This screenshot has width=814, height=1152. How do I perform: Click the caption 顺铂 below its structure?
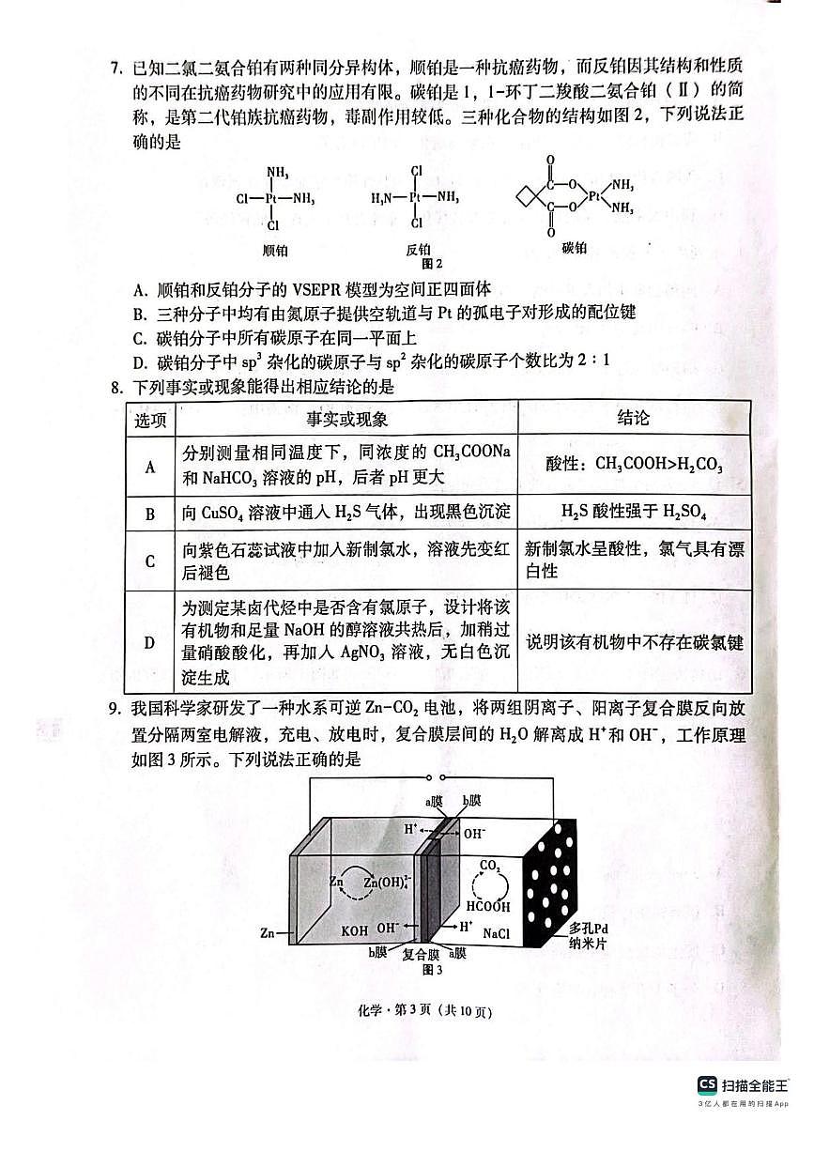[274, 250]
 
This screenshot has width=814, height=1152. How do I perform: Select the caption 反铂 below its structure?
[418, 250]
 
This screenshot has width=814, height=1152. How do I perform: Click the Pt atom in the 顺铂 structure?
[273, 199]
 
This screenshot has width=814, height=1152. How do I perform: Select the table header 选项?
[150, 419]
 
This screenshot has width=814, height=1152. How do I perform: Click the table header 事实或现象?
[346, 419]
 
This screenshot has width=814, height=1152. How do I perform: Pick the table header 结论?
[634, 418]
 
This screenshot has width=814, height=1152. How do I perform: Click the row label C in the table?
[150, 561]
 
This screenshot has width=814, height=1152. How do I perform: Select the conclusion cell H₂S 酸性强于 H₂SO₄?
[634, 513]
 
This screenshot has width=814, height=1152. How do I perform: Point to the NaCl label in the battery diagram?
[497, 934]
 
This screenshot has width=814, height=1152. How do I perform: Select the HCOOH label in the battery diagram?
[491, 907]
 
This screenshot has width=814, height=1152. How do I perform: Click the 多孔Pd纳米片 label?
[591, 936]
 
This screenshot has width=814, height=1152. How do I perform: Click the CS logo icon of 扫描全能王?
[707, 1085]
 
